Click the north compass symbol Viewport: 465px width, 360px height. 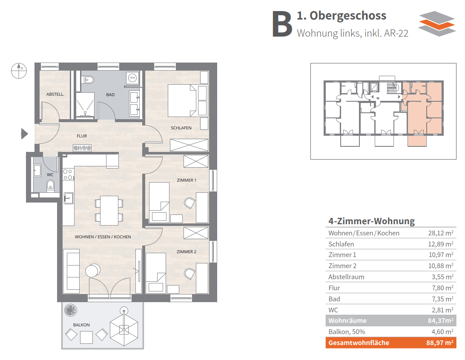19,71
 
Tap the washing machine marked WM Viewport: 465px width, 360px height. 132,78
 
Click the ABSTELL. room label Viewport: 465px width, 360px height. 55,94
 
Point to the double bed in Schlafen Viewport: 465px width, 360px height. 182,101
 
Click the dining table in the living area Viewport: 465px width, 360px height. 109,210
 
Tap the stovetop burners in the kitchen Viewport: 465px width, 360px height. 68,174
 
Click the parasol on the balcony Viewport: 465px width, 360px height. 123,327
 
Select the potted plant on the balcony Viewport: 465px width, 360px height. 71,310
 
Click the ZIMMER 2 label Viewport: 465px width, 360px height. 186,251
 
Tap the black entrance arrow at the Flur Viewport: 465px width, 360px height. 24,134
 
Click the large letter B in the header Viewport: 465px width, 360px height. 282,24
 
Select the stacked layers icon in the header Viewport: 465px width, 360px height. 437,24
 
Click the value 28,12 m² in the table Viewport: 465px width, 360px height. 441,233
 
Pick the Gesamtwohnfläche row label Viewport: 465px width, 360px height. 359,343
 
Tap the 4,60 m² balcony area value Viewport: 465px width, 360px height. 442,331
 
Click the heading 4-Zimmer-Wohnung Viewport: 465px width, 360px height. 371,221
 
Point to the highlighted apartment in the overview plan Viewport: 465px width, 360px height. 422,111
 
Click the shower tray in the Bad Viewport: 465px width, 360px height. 85,105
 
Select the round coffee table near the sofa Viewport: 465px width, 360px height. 93,270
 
